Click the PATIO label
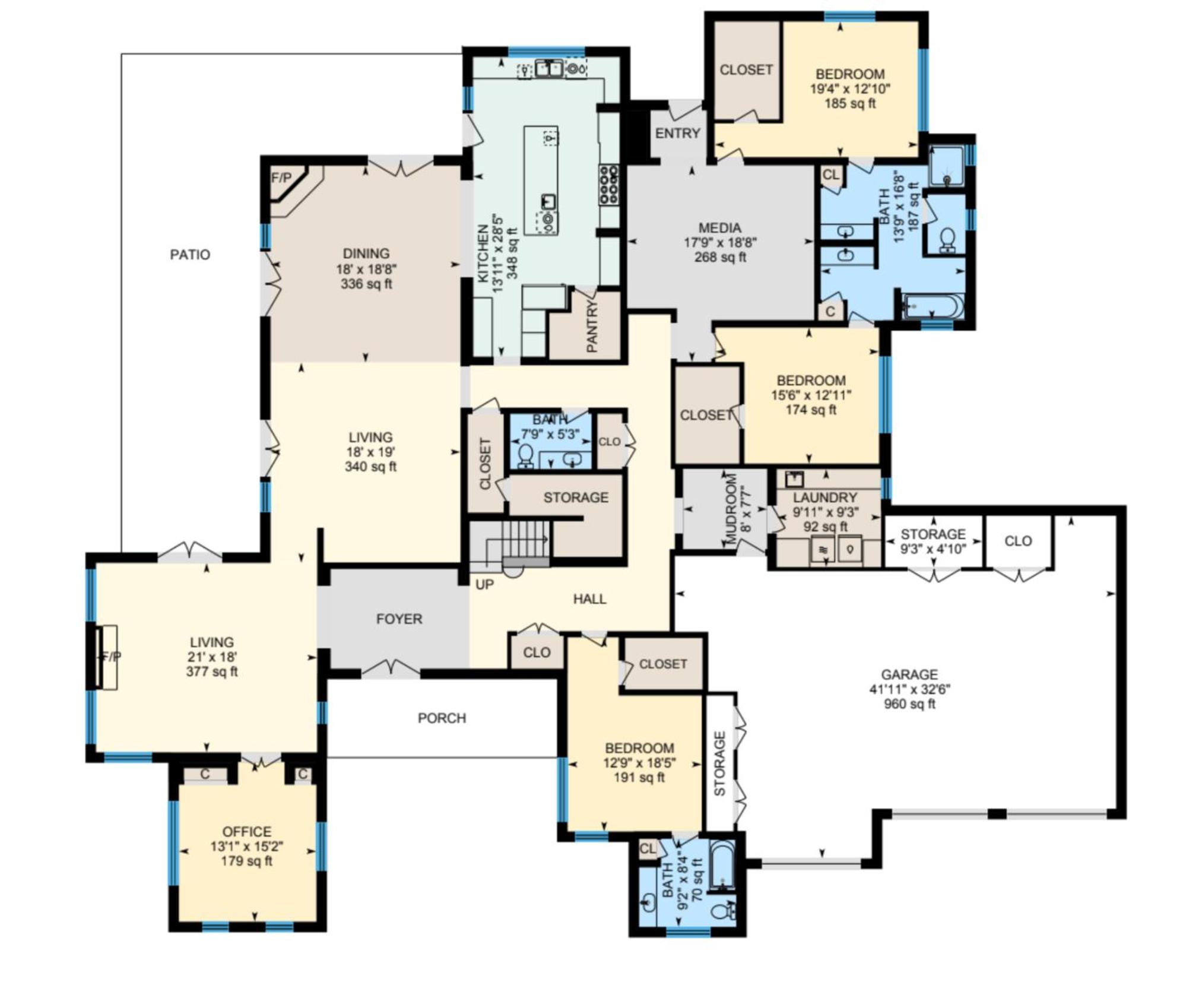point(190,255)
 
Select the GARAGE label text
point(909,674)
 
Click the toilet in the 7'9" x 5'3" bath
point(525,455)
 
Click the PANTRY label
point(592,326)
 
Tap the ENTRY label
point(677,134)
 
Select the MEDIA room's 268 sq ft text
point(720,257)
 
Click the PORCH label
point(442,718)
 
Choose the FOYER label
point(399,619)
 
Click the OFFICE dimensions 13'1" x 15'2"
point(246,847)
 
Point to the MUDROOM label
point(731,509)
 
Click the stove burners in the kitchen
point(608,185)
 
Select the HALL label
point(589,599)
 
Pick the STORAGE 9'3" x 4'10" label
point(933,541)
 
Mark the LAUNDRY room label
point(824,498)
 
